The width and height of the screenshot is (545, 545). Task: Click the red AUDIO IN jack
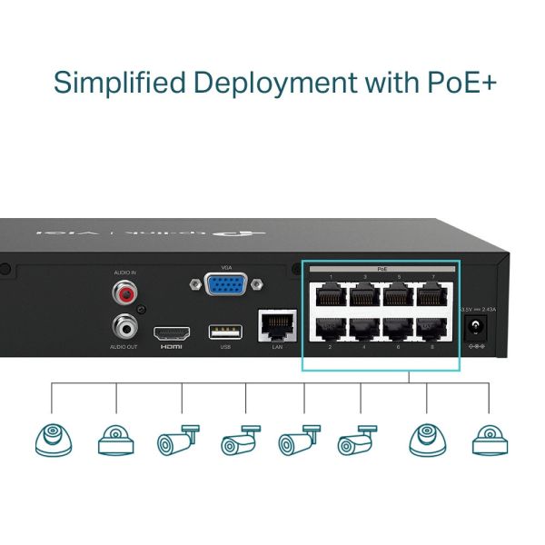(x=123, y=293)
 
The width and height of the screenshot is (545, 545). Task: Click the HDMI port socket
(x=171, y=332)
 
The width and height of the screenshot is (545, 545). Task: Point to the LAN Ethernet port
(x=277, y=322)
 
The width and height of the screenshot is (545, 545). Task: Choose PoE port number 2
(x=331, y=329)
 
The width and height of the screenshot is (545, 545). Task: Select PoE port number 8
(x=431, y=329)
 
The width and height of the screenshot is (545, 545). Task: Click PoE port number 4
(x=364, y=329)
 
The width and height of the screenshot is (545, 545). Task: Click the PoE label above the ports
(x=381, y=270)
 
